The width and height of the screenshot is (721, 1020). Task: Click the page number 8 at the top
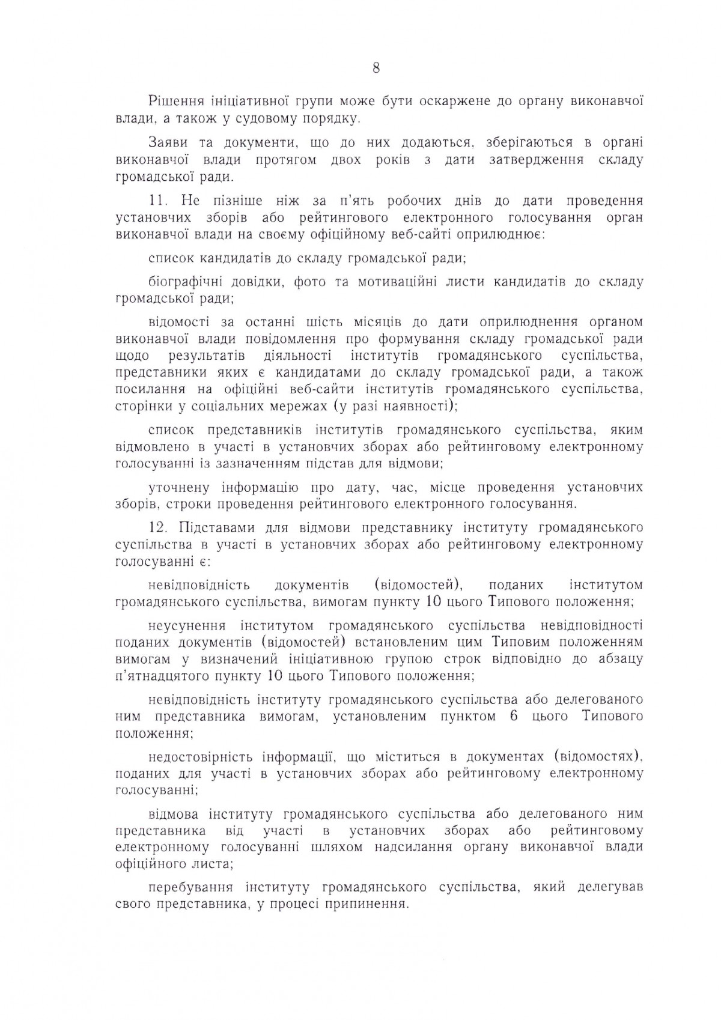click(376, 68)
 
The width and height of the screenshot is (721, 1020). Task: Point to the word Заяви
click(166, 144)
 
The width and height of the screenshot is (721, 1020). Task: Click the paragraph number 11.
click(159, 201)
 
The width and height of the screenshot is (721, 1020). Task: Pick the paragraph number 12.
click(159, 528)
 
